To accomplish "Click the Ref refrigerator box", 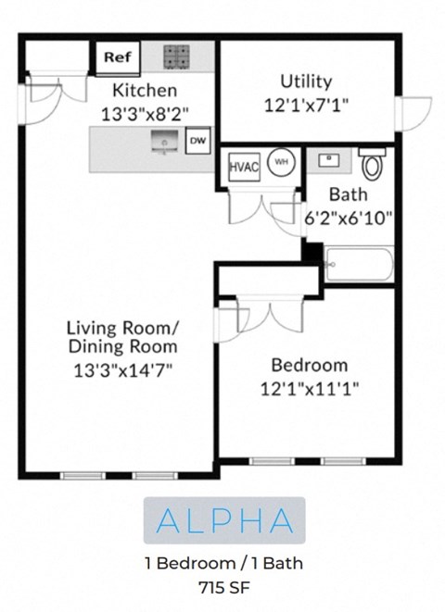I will point(117,57).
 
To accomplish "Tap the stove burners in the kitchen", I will point(176,56).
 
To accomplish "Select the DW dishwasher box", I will point(197,141).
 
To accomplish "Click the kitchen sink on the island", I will point(166,142).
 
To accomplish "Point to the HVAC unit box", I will point(244,167).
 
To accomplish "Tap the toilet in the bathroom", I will point(373,164).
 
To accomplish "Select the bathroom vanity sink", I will point(327,161).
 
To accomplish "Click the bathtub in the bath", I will point(359,265).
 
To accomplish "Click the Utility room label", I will point(306,81).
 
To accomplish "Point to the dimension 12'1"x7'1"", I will point(306,105).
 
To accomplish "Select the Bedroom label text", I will point(309,364).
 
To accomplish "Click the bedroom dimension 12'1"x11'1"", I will point(309,387).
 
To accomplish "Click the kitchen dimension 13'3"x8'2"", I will point(145,114).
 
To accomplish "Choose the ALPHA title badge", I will point(224,520).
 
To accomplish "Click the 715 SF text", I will point(223,586).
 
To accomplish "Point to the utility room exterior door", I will point(411,115).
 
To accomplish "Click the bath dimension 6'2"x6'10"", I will point(349,219).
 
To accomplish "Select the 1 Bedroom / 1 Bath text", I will point(223,563).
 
